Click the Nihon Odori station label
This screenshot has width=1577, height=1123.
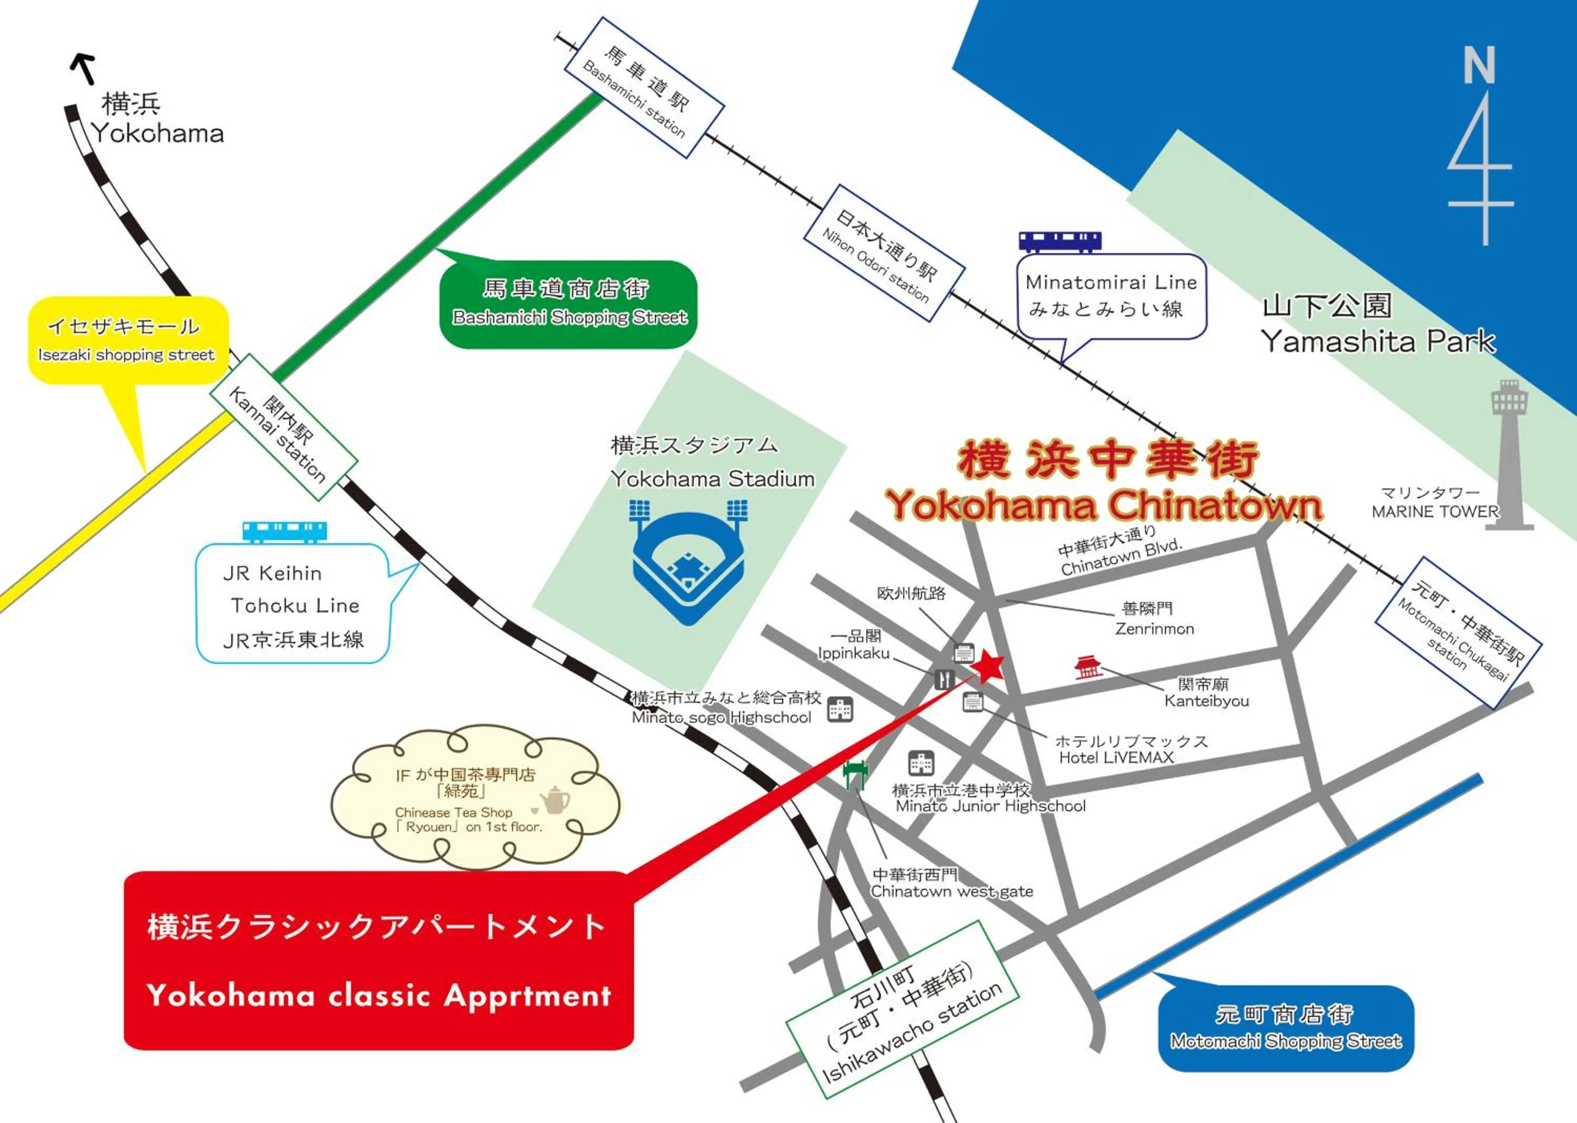(884, 253)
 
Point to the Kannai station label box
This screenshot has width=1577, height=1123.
(284, 428)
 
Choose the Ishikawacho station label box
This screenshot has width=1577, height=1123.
(903, 1010)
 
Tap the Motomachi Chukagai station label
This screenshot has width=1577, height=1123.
(1458, 632)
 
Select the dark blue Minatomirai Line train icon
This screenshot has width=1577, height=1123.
(1059, 241)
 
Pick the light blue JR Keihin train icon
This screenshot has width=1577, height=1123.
(284, 531)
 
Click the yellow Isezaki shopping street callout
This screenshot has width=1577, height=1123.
(128, 340)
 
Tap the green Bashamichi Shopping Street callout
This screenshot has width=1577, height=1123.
(569, 304)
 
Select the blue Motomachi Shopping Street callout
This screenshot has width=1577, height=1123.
(1286, 1027)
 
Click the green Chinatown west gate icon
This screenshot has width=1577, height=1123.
(855, 774)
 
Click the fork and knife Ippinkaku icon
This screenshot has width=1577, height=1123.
(945, 679)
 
